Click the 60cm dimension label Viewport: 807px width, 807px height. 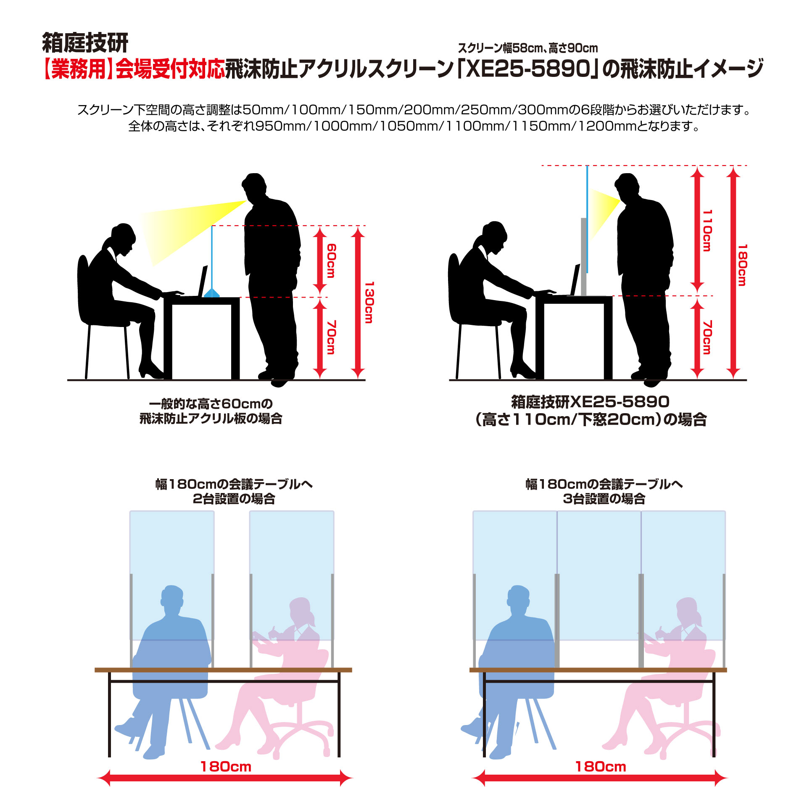tap(331, 261)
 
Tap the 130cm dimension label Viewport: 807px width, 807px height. tap(369, 302)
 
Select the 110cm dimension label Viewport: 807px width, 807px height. tap(707, 230)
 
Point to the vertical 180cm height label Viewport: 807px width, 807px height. tap(742, 265)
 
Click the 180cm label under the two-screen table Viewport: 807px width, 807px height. tap(226, 767)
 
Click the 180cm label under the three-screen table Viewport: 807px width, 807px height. tap(601, 767)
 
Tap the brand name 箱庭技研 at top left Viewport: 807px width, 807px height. tap(85, 42)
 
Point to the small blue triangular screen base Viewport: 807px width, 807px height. tap(212, 293)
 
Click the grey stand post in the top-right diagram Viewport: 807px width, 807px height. tap(583, 257)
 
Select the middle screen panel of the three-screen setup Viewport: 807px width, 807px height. tap(599, 575)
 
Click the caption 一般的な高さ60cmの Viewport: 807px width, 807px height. tap(211, 404)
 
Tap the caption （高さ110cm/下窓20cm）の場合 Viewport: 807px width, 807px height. tap(591, 419)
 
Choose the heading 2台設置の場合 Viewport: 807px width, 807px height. tap(234, 499)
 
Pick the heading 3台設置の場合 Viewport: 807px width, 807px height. tap(604, 499)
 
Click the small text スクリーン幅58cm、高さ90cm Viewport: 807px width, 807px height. tap(528, 48)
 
